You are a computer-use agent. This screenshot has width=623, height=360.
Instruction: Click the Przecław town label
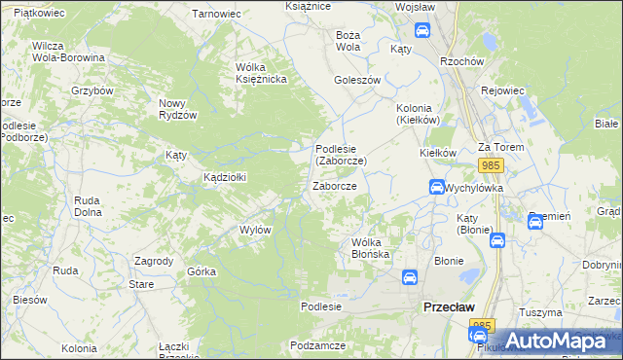449,306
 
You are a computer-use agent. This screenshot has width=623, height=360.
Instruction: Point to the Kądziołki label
224,177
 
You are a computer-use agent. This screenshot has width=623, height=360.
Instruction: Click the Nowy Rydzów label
178,108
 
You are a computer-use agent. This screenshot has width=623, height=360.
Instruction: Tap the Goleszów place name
356,80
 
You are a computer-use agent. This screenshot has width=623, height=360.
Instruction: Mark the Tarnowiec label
216,14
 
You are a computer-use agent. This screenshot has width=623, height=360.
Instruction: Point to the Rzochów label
462,60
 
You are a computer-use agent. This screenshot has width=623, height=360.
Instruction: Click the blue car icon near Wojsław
422,30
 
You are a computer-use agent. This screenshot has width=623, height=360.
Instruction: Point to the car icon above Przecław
410,277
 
